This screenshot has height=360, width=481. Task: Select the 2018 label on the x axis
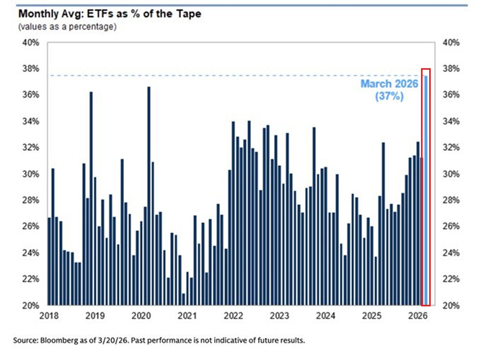click(x=49, y=316)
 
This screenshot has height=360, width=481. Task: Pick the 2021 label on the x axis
click(x=187, y=316)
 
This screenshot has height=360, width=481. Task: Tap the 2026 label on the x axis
click(x=418, y=316)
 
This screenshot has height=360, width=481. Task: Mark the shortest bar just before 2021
click(x=183, y=299)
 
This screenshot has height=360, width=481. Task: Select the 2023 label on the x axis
click(x=280, y=316)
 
